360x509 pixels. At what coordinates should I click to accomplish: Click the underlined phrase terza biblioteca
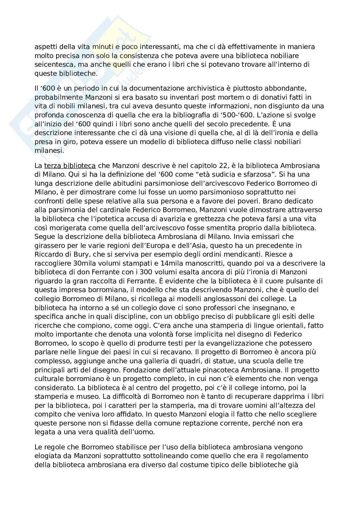(70, 166)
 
